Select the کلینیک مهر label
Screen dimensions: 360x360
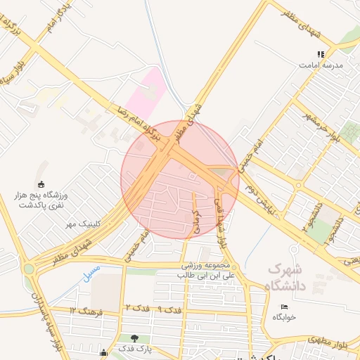pos(80,224)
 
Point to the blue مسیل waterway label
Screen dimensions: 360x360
pos(91,273)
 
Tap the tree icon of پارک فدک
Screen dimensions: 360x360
pos(134,338)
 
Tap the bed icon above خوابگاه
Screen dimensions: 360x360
pos(284,307)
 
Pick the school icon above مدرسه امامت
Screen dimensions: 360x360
pos(321,53)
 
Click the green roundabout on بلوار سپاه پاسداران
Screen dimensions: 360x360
pos(28,268)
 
